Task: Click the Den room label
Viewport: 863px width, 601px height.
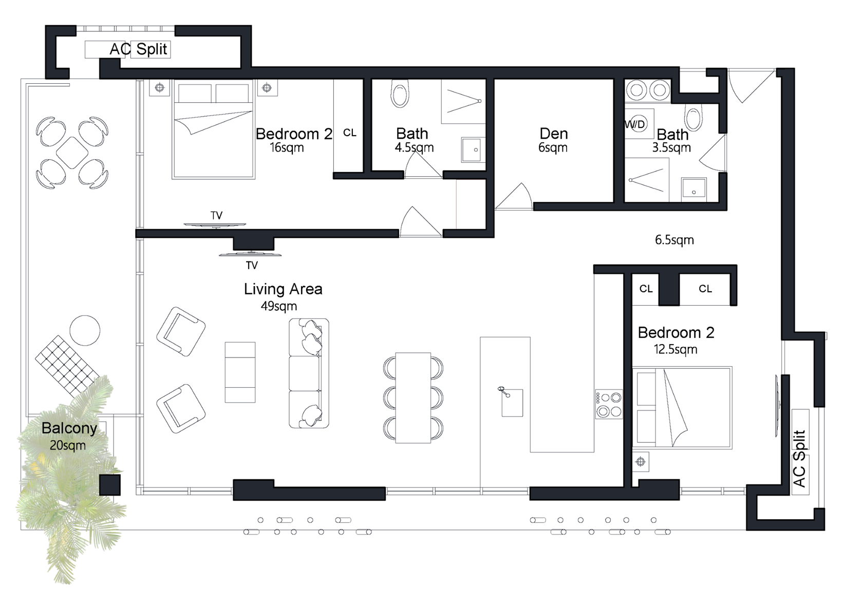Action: tap(554, 134)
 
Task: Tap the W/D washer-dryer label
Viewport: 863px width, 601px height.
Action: tap(634, 124)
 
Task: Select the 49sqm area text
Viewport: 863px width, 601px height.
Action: tap(279, 306)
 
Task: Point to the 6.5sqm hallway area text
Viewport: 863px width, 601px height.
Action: tap(674, 240)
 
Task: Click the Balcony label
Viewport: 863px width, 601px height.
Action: tap(69, 428)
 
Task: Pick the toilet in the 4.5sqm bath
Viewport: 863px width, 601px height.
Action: tap(400, 93)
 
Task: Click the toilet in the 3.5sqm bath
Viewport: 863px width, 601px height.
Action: tap(693, 118)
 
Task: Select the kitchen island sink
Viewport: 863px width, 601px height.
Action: tap(512, 403)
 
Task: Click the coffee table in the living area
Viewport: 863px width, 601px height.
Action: tap(240, 372)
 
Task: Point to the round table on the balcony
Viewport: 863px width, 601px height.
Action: tap(85, 330)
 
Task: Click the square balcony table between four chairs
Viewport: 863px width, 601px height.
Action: tap(72, 153)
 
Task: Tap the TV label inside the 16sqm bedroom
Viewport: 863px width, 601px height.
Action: tap(217, 215)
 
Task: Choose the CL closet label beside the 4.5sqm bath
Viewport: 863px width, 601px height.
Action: tap(349, 133)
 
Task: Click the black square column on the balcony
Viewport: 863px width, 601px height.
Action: tap(110, 485)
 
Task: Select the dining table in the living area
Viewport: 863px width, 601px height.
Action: tap(413, 398)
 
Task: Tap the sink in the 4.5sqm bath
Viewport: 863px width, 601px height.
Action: tap(473, 149)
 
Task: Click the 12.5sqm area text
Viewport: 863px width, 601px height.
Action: tap(676, 349)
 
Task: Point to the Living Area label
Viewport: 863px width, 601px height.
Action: tap(283, 289)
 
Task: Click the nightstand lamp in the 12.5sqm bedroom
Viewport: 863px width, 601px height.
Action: tap(641, 461)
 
